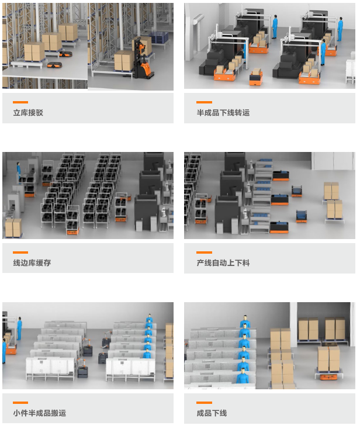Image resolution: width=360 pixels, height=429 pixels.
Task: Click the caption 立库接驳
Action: pyautogui.click(x=28, y=112)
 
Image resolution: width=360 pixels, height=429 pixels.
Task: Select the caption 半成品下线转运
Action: pyautogui.click(x=223, y=112)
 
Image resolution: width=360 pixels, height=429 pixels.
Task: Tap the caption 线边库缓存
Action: pyautogui.click(x=32, y=262)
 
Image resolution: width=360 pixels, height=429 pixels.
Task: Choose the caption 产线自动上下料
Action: pyautogui.click(x=223, y=262)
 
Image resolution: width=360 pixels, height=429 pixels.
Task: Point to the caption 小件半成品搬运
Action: pyautogui.click(x=39, y=413)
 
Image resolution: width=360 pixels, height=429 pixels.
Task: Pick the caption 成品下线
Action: pyautogui.click(x=212, y=413)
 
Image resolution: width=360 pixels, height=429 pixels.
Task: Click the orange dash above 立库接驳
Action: pyautogui.click(x=20, y=102)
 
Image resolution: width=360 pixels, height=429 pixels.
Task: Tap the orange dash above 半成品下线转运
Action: pyautogui.click(x=204, y=102)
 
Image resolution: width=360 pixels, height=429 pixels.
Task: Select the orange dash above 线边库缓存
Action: pyautogui.click(x=20, y=252)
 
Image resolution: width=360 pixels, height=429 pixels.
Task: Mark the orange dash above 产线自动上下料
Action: pyautogui.click(x=204, y=252)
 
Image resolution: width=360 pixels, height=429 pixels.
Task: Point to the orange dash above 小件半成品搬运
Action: pyautogui.click(x=20, y=403)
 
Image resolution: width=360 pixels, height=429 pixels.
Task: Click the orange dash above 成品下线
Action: pyautogui.click(x=204, y=403)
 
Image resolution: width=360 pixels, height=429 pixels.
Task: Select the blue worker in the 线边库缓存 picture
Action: pyautogui.click(x=19, y=171)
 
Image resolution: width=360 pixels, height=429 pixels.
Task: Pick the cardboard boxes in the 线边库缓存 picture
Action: pyautogui.click(x=13, y=227)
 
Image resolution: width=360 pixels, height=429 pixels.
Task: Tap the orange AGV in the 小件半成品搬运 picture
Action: pyautogui.click(x=11, y=350)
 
